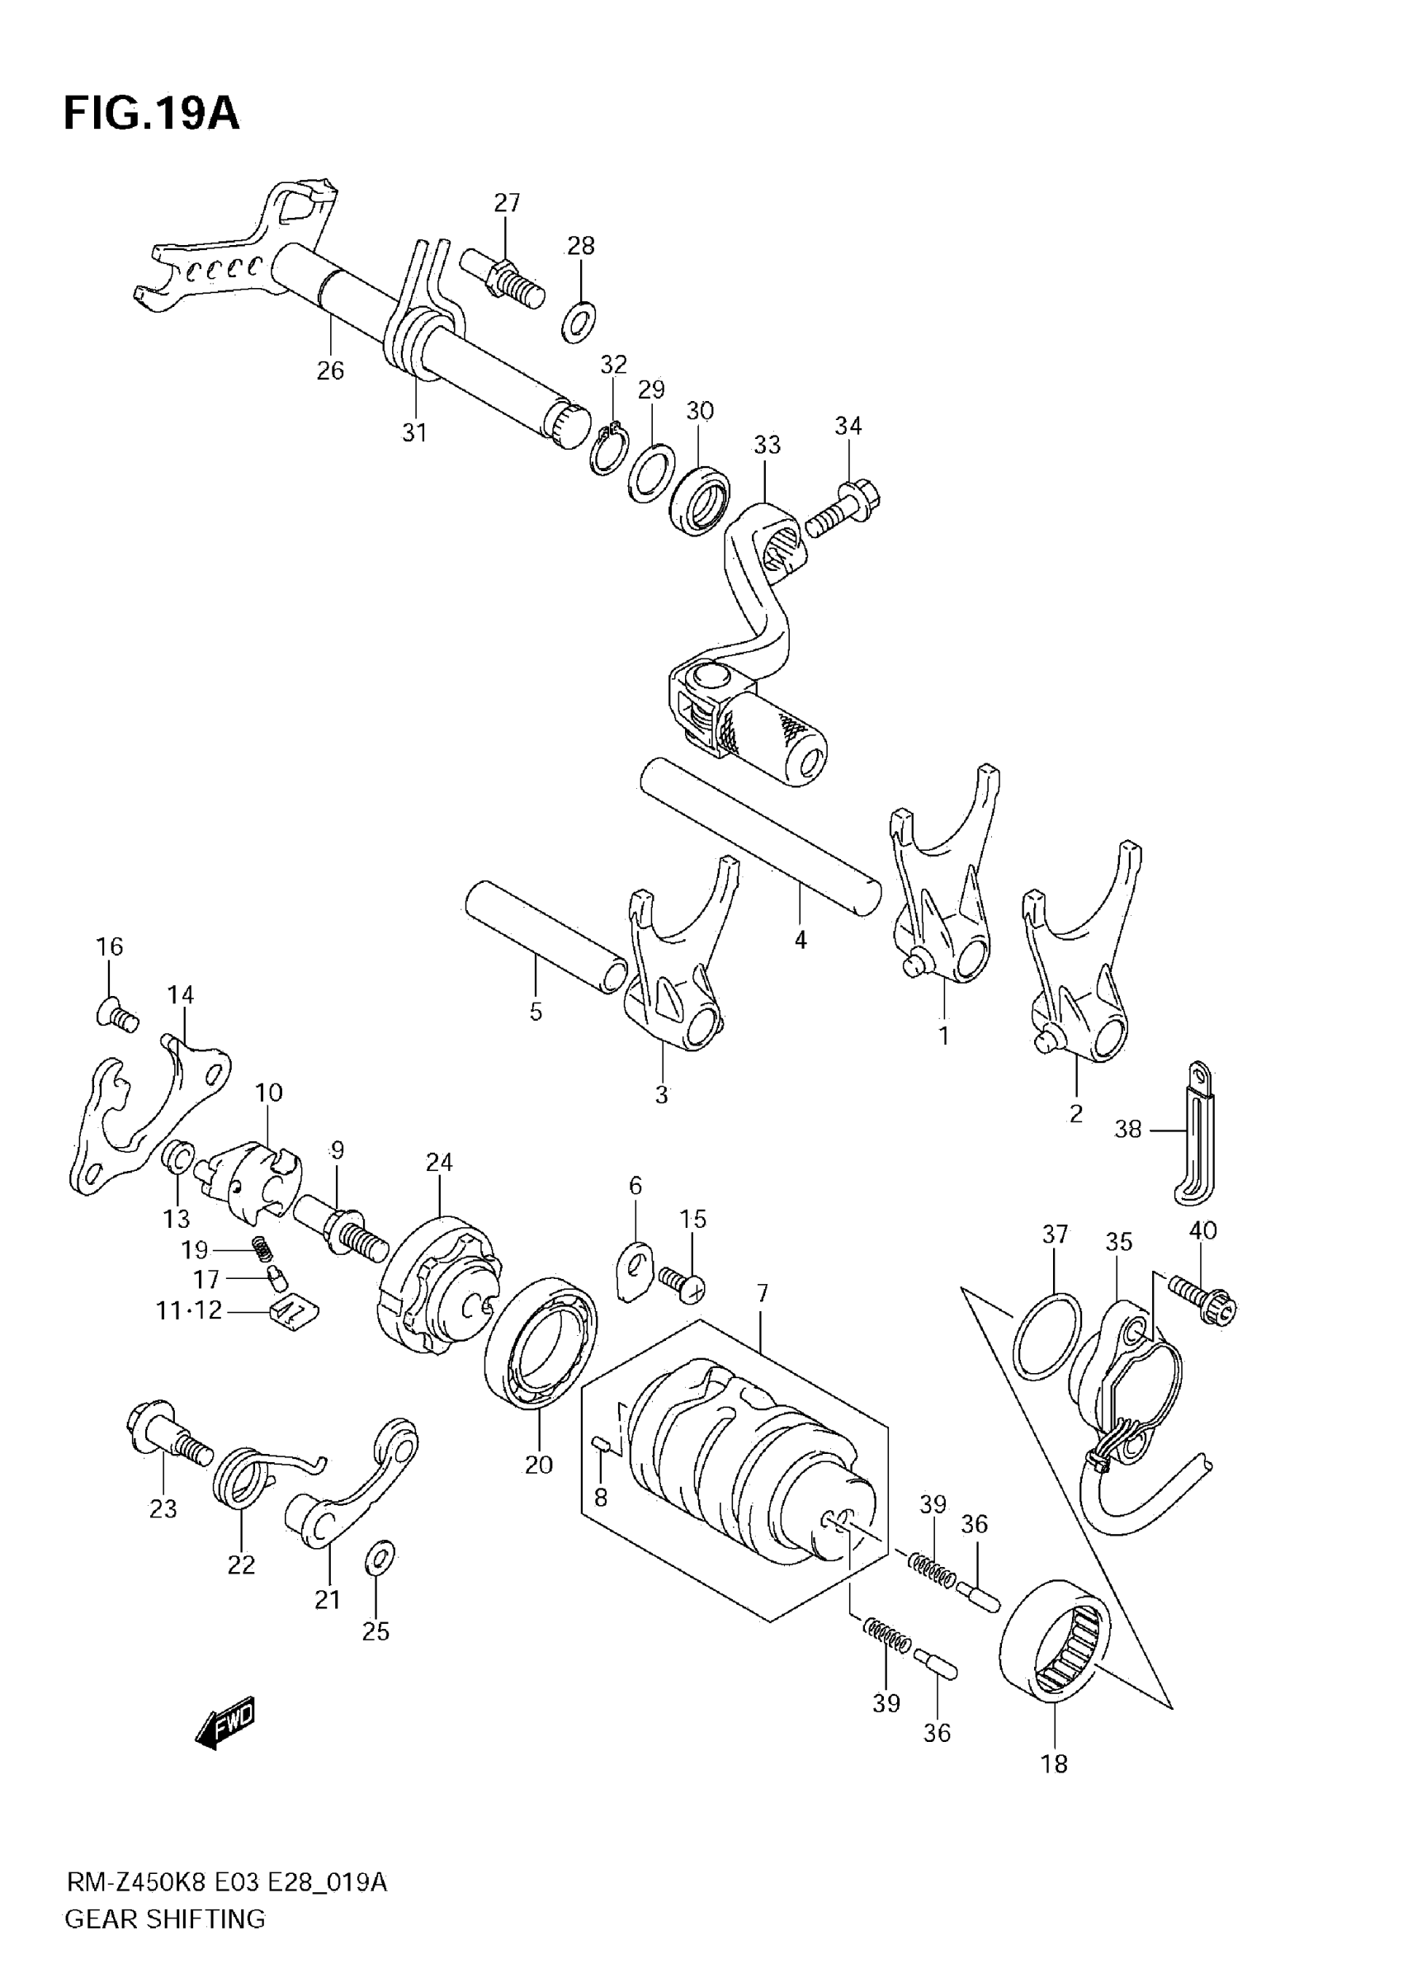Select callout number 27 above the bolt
tap(508, 202)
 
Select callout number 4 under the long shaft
tap(801, 939)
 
